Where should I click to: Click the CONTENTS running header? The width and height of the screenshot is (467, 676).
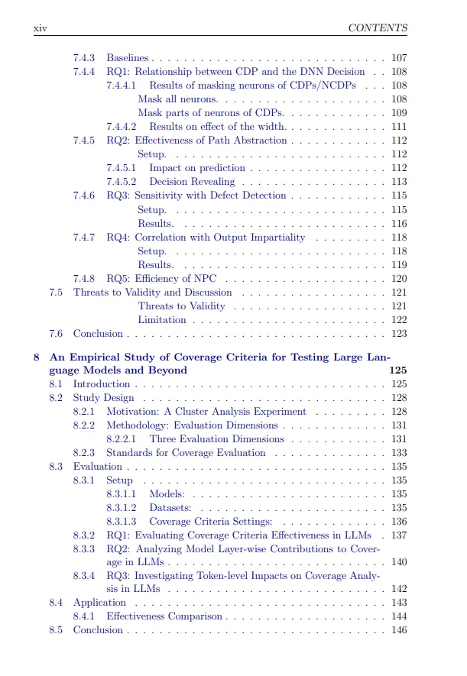377,28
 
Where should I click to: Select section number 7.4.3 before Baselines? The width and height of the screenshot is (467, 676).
84,58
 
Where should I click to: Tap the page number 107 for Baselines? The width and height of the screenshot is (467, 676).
398,58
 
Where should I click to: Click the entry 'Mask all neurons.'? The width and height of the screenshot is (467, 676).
177,99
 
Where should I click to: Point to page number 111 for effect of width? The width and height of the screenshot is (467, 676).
398,127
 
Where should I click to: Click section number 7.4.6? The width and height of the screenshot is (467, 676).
84,196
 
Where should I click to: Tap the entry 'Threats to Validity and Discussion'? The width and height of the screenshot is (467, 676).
152,293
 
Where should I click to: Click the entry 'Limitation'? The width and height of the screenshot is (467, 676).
161,320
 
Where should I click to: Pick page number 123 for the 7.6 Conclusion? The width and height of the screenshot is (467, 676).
398,334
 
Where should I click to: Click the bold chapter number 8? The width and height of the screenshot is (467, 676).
37,357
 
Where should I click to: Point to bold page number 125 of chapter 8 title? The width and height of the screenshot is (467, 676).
397,370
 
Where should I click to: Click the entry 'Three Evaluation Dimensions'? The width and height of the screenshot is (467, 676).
216,439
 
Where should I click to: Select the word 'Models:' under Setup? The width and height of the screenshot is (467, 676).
167,494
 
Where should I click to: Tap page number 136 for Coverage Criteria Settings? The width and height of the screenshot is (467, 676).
398,522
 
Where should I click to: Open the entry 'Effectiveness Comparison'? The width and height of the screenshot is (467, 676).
164,616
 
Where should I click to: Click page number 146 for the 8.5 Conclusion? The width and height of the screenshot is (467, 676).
398,630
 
